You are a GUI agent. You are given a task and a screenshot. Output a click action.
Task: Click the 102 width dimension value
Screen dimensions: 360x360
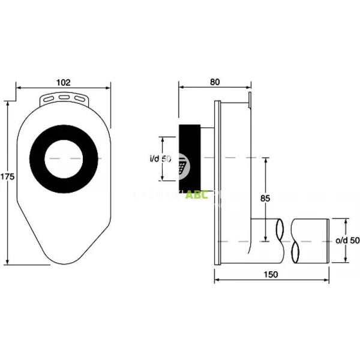pyautogui.click(x=64, y=82)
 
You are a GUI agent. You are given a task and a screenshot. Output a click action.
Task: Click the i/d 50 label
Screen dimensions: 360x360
pyautogui.click(x=160, y=159)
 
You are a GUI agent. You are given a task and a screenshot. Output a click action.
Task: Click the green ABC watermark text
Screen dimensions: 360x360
pyautogui.click(x=196, y=195)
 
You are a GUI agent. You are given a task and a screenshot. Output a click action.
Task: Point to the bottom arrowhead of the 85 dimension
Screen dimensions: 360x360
pyautogui.click(x=265, y=239)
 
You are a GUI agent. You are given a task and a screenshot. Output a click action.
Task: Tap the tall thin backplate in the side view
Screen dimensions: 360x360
pyautogui.click(x=218, y=180)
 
